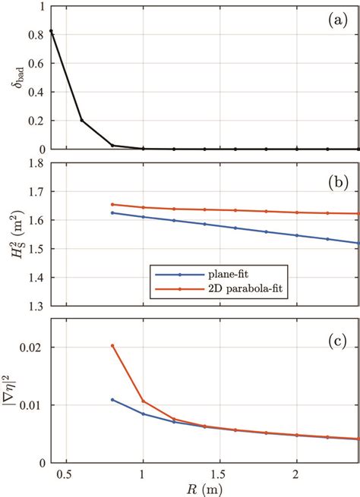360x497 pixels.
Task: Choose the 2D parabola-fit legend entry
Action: (x=224, y=288)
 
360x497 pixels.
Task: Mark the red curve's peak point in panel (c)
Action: (x=112, y=346)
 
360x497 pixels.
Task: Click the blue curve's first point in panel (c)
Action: (x=112, y=400)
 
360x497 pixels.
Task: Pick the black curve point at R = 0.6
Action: (x=82, y=120)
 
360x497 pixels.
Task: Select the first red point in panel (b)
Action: (x=112, y=204)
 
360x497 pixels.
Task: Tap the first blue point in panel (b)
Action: (x=112, y=212)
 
